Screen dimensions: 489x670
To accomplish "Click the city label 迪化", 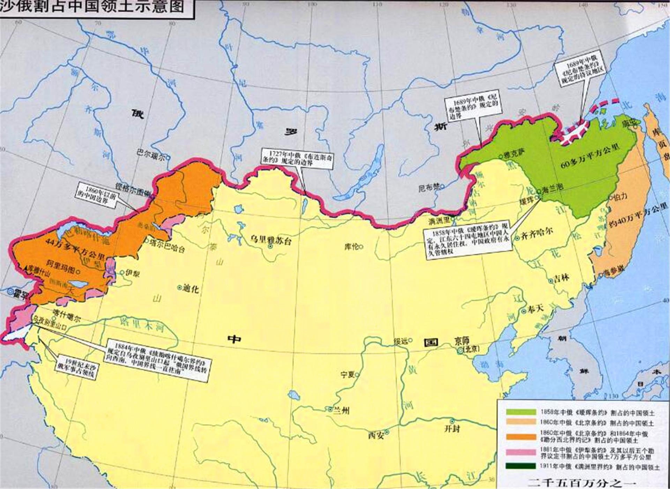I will [191, 288].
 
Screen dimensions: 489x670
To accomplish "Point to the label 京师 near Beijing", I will [462, 341].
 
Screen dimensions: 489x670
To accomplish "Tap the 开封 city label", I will [453, 428].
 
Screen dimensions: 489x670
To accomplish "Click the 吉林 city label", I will [561, 278].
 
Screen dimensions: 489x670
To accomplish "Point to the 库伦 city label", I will [352, 247].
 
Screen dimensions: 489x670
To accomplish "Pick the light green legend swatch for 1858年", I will [521, 412].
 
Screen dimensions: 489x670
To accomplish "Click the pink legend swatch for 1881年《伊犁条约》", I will [521, 452].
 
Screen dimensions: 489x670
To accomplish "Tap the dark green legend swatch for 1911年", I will [521, 466].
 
